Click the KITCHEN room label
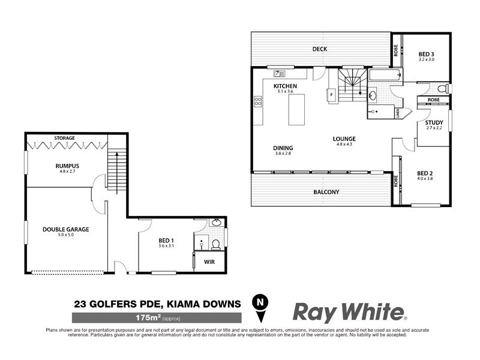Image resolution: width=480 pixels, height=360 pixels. pyautogui.click(x=285, y=86)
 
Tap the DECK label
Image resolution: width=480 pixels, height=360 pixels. pyautogui.click(x=320, y=49)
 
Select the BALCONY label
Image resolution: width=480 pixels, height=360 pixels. pyautogui.click(x=326, y=192)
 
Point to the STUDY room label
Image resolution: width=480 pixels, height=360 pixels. pyautogui.click(x=434, y=122)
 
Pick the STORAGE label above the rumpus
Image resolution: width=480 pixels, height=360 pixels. pyautogui.click(x=65, y=138)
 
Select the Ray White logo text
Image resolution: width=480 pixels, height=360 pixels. pyautogui.click(x=348, y=312)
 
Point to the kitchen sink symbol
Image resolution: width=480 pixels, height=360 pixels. pyautogui.click(x=279, y=74)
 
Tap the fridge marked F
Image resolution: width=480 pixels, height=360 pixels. pyautogui.click(x=331, y=95)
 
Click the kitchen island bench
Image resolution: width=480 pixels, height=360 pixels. pyautogui.click(x=296, y=110)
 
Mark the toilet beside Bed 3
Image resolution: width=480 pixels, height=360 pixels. pyautogui.click(x=442, y=89)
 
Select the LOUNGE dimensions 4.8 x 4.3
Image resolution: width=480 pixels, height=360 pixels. pyautogui.click(x=344, y=144)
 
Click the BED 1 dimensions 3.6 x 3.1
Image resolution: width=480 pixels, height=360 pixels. pyautogui.click(x=166, y=245)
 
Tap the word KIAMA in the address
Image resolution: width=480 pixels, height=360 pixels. pyautogui.click(x=185, y=304)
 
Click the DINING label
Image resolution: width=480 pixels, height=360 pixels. pyautogui.click(x=283, y=148)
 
